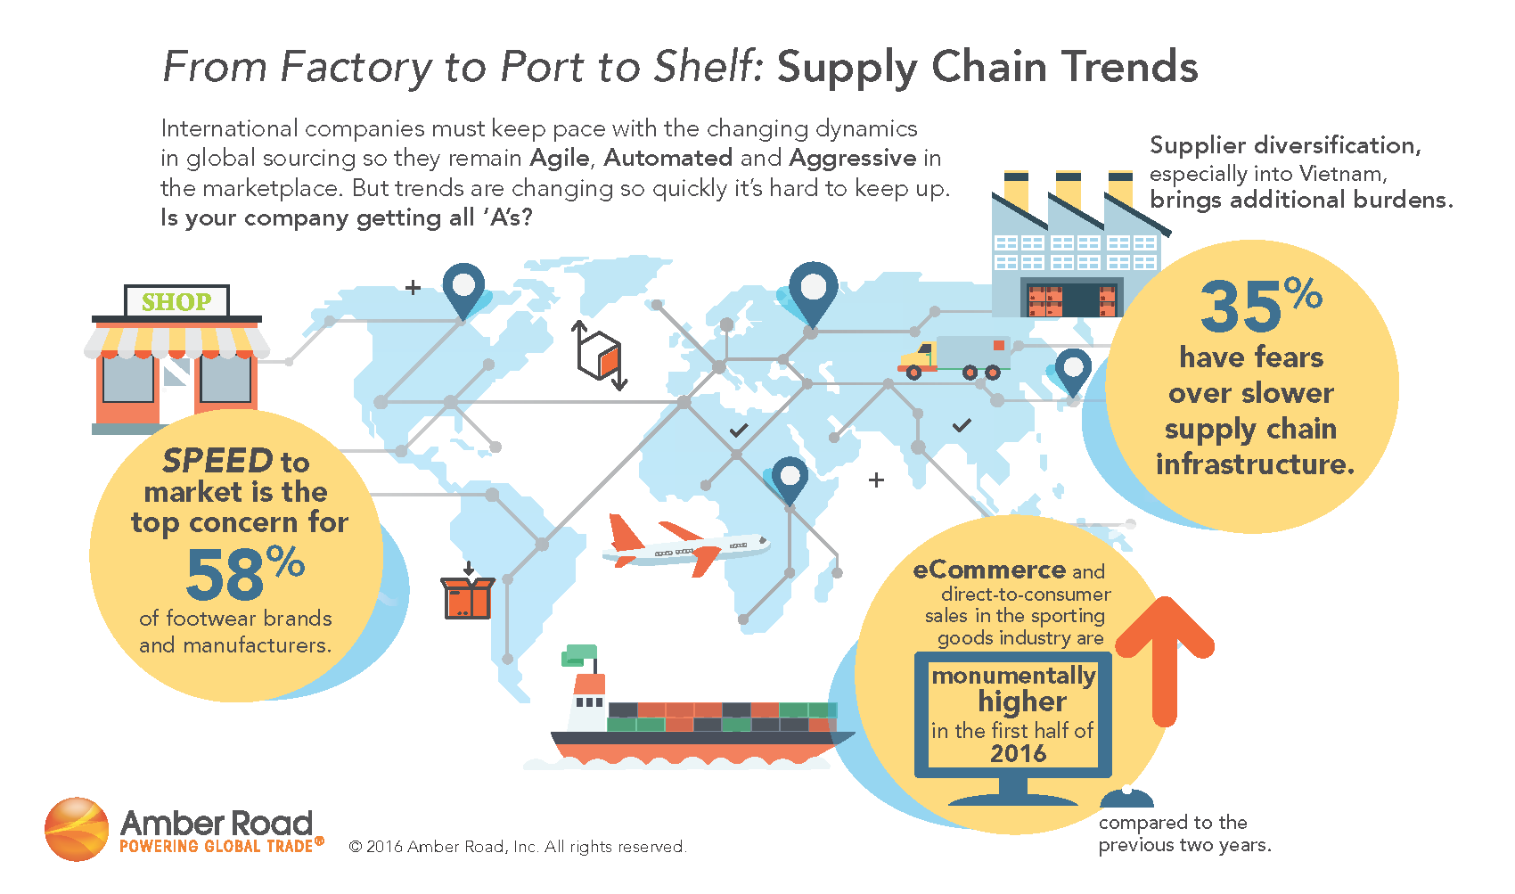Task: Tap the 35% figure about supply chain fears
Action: (1260, 306)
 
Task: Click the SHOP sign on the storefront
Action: (176, 302)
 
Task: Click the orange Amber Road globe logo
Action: (77, 829)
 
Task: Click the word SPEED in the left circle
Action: (217, 461)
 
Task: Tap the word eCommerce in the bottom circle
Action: (989, 570)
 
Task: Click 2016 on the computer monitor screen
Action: (1018, 754)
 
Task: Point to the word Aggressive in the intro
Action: (853, 159)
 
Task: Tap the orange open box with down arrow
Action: (467, 596)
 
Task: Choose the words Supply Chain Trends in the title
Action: (987, 68)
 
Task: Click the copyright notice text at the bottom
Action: (518, 847)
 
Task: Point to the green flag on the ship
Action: (578, 655)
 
